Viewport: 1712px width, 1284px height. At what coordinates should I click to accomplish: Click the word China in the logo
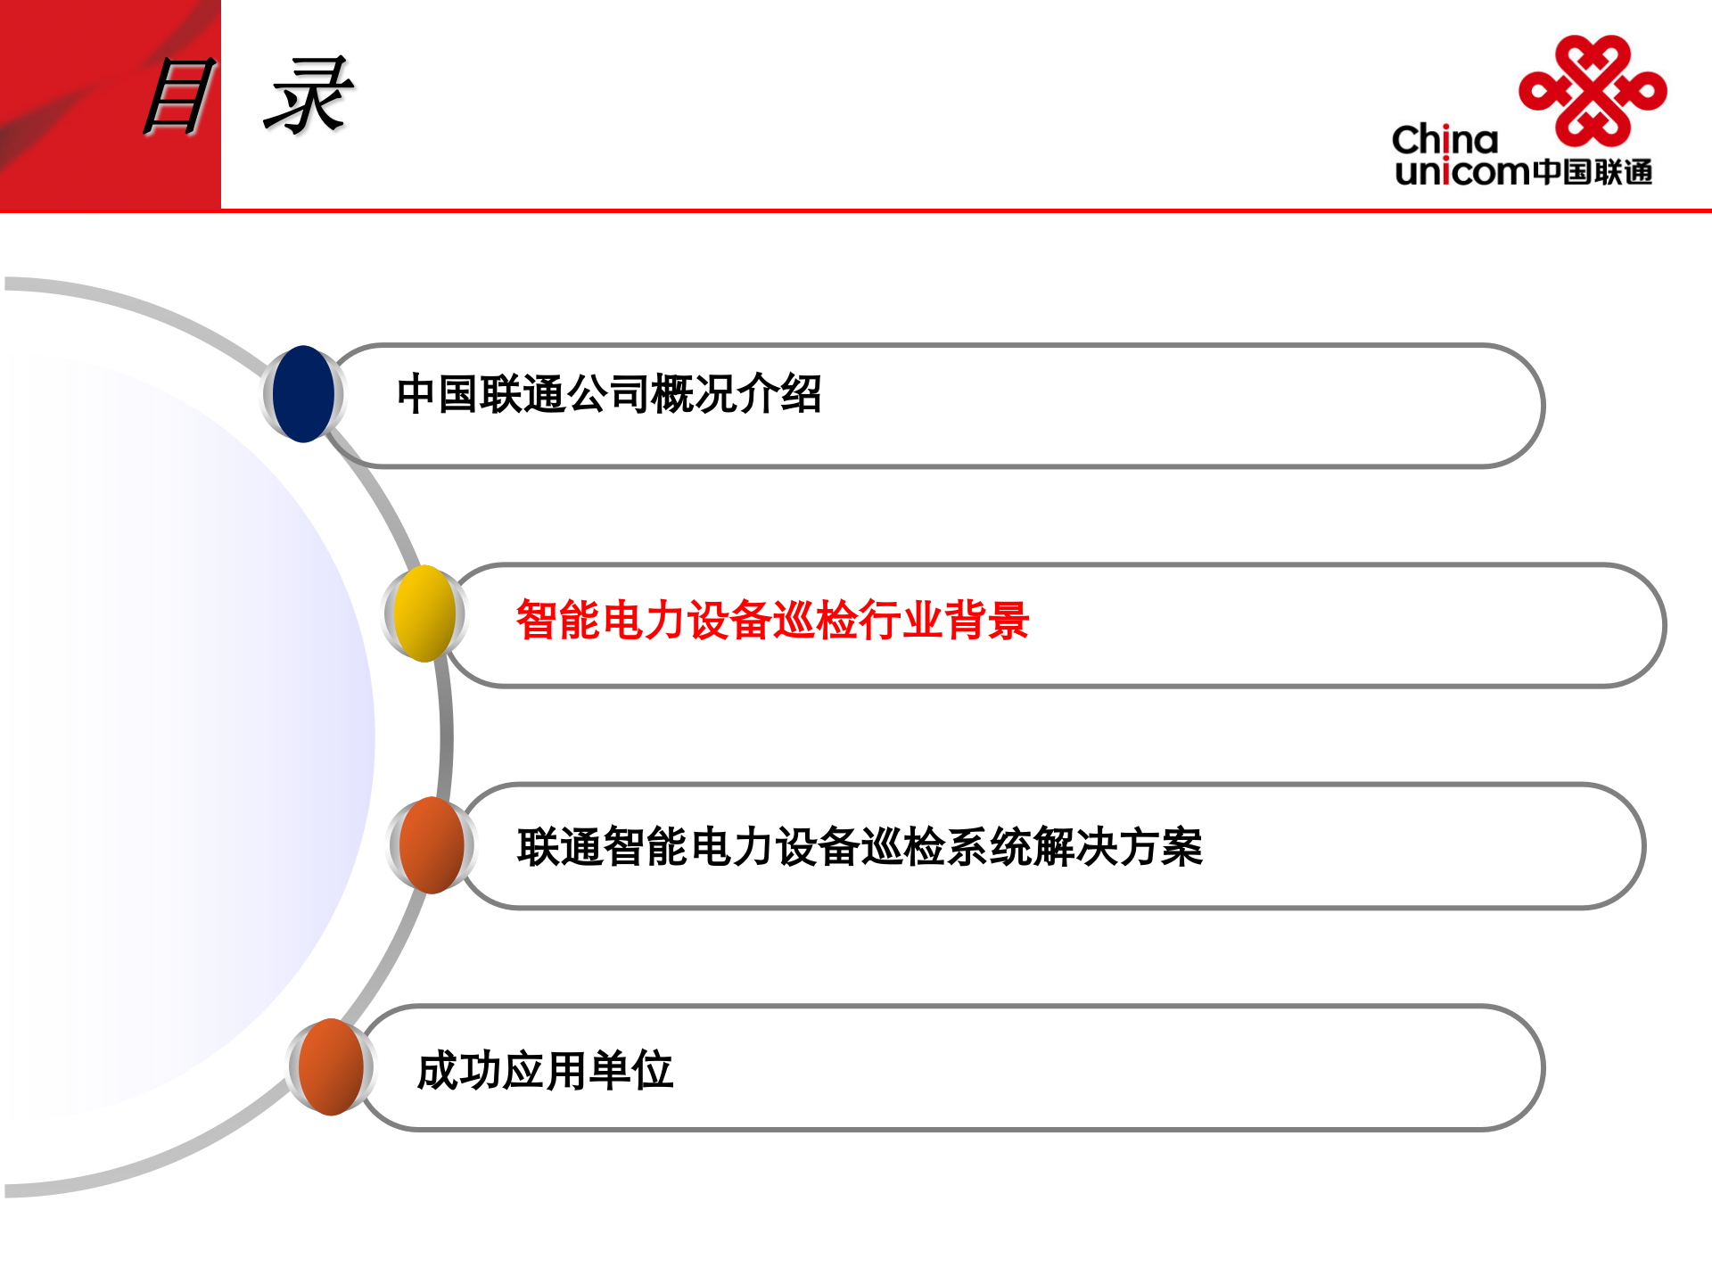click(x=1444, y=140)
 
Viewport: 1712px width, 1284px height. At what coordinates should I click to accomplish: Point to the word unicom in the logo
click(x=1462, y=171)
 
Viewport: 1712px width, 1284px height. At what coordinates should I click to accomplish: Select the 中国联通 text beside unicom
click(x=1593, y=172)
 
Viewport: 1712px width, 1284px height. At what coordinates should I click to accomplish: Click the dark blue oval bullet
click(x=303, y=394)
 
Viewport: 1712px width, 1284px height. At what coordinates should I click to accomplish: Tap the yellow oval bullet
click(x=424, y=613)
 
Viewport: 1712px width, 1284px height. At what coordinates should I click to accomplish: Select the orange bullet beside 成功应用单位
click(x=331, y=1067)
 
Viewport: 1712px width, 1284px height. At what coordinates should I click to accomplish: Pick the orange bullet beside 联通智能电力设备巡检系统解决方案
click(x=432, y=845)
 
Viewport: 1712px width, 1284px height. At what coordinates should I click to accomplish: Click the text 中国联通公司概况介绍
click(x=609, y=394)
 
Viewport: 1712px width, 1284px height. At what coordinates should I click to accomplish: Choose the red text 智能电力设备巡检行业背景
click(x=772, y=621)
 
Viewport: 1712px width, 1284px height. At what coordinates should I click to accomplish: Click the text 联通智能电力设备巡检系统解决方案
click(x=860, y=847)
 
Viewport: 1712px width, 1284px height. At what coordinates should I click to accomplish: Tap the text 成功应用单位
click(x=545, y=1070)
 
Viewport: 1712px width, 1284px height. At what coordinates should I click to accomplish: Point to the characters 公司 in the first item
click(x=609, y=394)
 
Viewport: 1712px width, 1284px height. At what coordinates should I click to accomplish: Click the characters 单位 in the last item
click(x=631, y=1070)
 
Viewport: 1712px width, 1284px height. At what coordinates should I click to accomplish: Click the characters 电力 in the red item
click(x=644, y=621)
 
